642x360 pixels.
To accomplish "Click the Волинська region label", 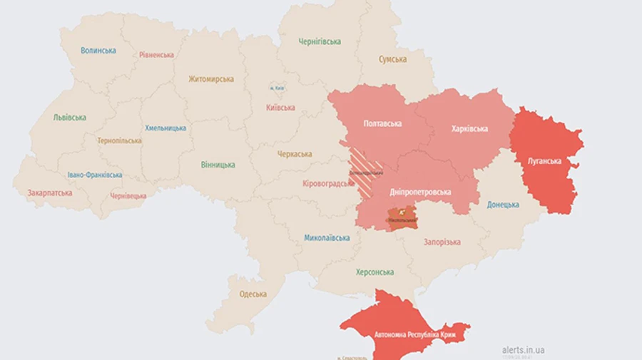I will coord(98,51).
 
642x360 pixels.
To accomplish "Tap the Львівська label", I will coord(70,118).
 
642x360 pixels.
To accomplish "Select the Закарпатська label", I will coord(50,193).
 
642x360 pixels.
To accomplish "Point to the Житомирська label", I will coord(211,79).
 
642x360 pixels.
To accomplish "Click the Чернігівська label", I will coord(320,41).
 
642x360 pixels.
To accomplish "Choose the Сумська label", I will coord(393,59).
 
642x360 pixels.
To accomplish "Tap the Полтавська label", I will coord(382,123).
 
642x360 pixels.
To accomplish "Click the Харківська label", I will coord(469,129).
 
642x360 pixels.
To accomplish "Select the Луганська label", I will coord(545,161).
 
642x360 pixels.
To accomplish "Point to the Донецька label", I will coord(503,205).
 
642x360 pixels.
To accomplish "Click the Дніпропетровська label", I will coord(421,192).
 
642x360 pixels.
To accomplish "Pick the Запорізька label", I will coord(442,242).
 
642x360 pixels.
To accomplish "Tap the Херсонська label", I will coord(374,272).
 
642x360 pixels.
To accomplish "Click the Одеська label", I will coord(253,294).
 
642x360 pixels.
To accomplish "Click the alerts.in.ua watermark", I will coord(523,349).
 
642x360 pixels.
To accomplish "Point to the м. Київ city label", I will coord(277,87).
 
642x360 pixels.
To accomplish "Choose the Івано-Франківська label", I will coord(95,175).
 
